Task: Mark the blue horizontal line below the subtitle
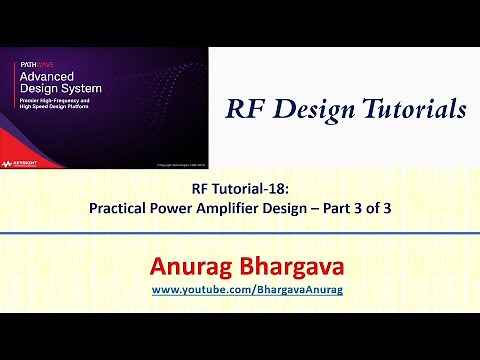click(240, 232)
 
